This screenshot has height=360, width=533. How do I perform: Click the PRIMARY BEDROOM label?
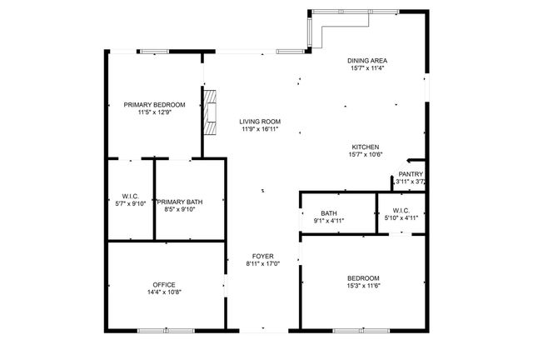tap(154, 105)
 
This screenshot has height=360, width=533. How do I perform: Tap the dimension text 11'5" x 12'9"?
tap(154, 113)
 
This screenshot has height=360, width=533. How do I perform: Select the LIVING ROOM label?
tap(260, 121)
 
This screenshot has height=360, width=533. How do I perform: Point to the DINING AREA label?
tap(367, 61)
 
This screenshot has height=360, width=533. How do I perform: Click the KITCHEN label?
tap(365, 146)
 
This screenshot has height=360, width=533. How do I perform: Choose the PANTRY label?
tap(411, 173)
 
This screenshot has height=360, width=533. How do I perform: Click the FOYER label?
tap(262, 256)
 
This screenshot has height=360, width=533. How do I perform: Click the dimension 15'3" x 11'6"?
tap(363, 286)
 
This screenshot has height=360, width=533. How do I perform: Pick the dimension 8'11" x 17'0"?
tap(262, 264)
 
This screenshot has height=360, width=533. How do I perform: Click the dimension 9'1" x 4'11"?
tap(328, 221)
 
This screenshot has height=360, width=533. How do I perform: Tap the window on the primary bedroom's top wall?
tap(154, 52)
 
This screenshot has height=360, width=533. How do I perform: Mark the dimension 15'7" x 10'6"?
tap(365, 154)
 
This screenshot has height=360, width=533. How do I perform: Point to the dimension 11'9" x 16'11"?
tap(260, 129)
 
